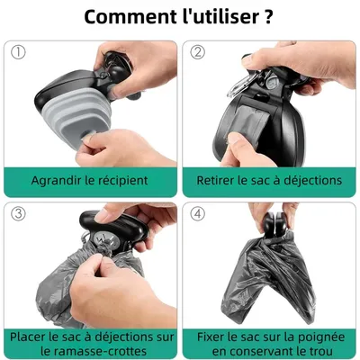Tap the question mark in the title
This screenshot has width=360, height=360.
267,18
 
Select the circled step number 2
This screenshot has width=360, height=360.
198,53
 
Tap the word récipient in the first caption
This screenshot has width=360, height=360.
118,180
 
